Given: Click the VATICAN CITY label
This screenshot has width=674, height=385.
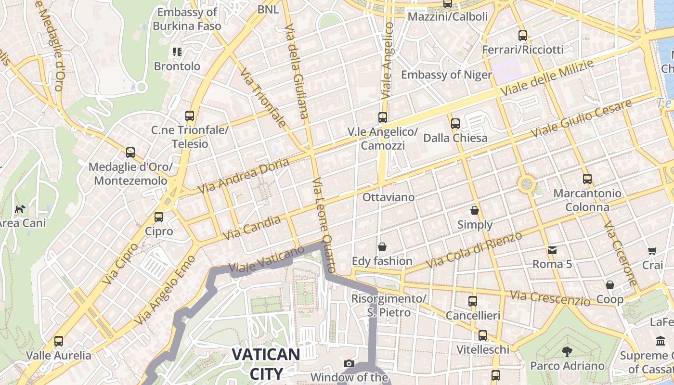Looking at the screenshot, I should click(x=266, y=363).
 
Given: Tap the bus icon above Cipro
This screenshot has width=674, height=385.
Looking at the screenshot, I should click(x=159, y=217).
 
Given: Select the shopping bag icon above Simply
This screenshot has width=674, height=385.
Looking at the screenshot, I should click(x=475, y=210).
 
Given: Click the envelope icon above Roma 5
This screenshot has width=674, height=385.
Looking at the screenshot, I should click(x=552, y=250).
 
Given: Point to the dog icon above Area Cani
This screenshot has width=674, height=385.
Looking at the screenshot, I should click(x=20, y=209).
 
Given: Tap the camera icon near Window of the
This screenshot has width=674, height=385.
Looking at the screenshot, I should click(x=349, y=363).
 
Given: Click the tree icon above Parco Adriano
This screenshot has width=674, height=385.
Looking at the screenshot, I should click(x=567, y=352).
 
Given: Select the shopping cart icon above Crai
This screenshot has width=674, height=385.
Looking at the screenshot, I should click(x=652, y=251).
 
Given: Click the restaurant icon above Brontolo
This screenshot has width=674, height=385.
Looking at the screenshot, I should click(x=177, y=51).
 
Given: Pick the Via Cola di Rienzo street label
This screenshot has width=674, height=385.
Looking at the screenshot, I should click(x=474, y=250).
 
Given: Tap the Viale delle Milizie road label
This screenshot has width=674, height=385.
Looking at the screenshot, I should click(x=546, y=77).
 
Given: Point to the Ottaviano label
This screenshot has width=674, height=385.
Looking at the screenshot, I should click(x=388, y=197).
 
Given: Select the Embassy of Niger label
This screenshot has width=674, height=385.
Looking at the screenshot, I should click(x=446, y=75).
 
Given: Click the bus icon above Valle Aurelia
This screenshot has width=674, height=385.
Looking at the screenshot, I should click(x=59, y=341).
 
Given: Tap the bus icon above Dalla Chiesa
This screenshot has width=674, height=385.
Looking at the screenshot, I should click(x=455, y=124).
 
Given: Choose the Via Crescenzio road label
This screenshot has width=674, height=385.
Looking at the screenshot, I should click(x=550, y=298).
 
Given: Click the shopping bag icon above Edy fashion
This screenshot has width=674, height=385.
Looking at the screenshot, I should click(x=382, y=247).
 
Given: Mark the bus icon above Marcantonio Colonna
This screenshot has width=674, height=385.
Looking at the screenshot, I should click(x=587, y=179).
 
